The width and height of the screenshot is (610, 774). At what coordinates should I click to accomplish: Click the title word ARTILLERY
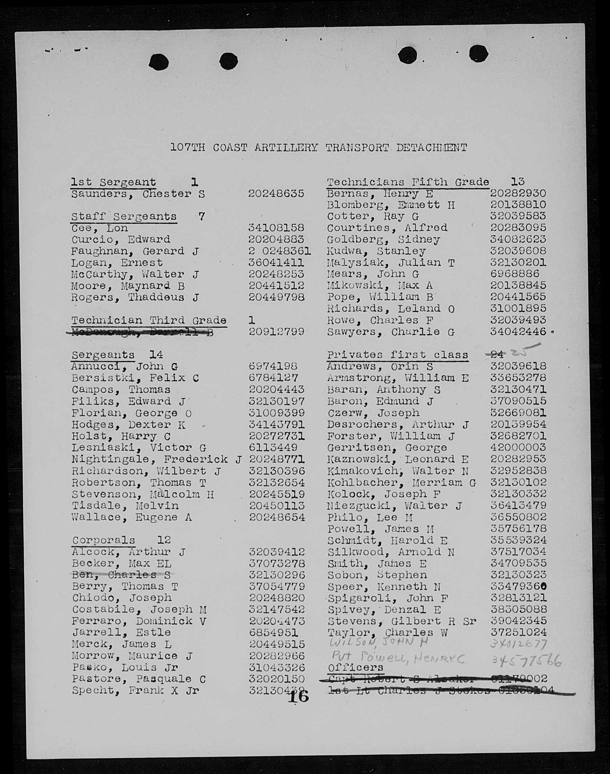[x=286, y=148]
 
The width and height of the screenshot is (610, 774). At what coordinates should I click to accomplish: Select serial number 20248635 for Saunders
[x=276, y=193]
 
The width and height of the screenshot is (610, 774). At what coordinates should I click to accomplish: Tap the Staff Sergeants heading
[x=124, y=217]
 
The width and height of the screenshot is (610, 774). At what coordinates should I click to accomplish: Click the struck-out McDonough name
[x=142, y=332]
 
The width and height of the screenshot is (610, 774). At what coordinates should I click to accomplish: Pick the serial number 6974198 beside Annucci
[x=273, y=366]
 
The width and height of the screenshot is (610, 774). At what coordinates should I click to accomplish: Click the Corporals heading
[x=104, y=540]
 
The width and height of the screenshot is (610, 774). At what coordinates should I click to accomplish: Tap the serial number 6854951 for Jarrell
[x=273, y=633]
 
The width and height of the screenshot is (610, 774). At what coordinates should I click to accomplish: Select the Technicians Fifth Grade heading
[x=408, y=182]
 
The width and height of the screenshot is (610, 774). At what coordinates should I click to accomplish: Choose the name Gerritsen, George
[x=387, y=448]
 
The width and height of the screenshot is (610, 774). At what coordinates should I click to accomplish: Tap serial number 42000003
[x=518, y=447]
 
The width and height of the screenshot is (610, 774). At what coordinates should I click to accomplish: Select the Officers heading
[x=355, y=667]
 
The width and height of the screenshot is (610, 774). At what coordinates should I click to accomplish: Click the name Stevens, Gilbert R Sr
[x=401, y=621]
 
